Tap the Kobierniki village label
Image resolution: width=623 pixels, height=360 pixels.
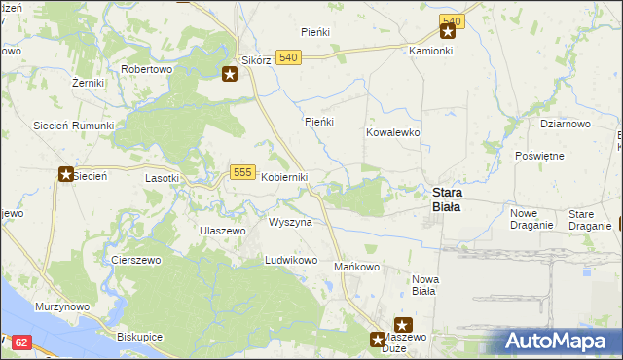tap(283, 177)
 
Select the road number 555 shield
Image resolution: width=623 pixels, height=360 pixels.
tap(243, 171)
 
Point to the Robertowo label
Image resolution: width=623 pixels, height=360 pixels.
tap(146, 70)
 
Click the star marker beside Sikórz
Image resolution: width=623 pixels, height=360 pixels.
tap(230, 74)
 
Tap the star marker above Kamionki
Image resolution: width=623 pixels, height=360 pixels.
tap(447, 31)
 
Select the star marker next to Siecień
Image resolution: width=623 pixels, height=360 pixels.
tap(66, 175)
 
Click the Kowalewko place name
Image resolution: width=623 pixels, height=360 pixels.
tap(392, 131)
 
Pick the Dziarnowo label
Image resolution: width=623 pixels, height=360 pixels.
tap(566, 124)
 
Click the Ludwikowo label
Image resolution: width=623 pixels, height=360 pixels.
tap(291, 261)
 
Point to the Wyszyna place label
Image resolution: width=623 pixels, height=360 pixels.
tap(290, 222)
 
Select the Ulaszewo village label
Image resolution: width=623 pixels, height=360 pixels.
tap(222, 231)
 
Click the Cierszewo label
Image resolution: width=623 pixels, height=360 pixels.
tap(135, 260)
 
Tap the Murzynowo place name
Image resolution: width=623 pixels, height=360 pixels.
tap(62, 306)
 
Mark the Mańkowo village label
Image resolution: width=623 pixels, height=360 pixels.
tap(356, 267)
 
